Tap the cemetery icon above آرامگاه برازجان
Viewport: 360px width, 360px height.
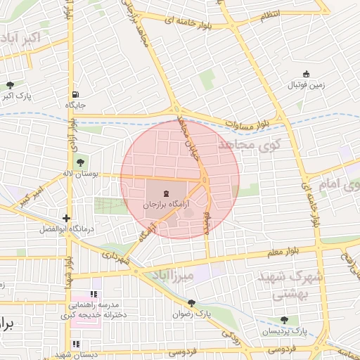click(166, 193)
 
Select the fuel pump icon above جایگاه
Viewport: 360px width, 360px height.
click(75, 94)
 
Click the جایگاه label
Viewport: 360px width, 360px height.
click(75, 105)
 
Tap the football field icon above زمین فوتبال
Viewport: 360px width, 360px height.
click(306, 75)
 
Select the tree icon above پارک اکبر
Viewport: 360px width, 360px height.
click(9, 84)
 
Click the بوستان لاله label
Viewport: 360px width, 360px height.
click(98, 173)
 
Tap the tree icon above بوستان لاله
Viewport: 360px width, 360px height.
click(78, 163)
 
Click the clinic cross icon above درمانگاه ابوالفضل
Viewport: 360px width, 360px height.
click(66, 219)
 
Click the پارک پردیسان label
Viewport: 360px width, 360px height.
click(285, 330)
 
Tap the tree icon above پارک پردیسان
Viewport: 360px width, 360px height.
click(284, 320)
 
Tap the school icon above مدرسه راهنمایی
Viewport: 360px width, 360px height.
click(94, 294)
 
